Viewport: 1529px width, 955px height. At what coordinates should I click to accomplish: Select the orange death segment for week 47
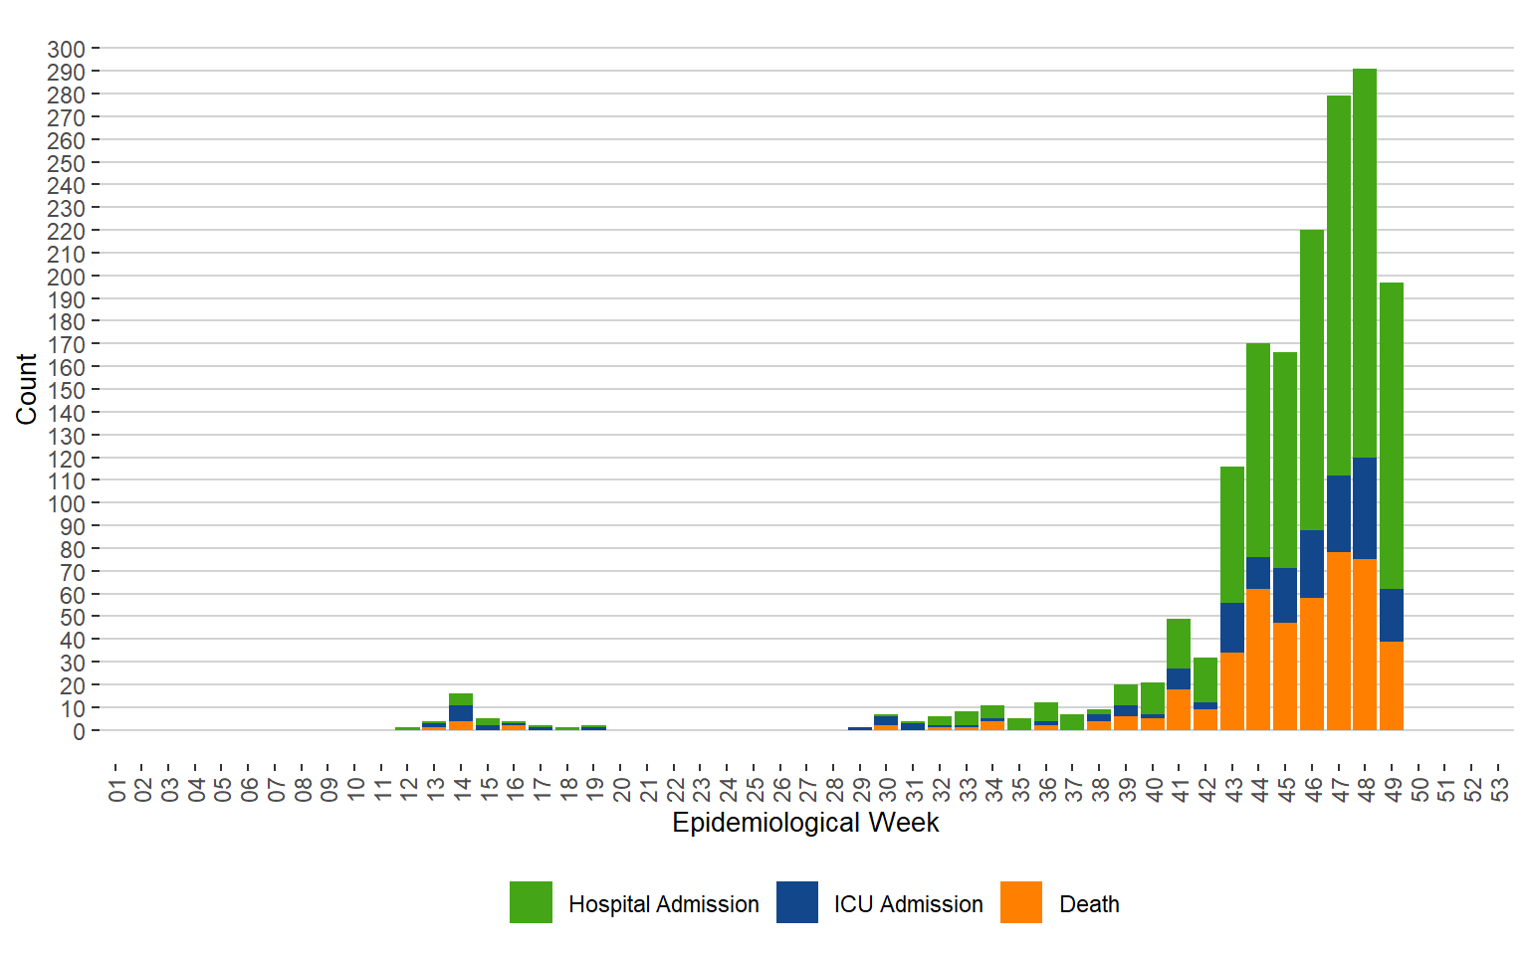click(x=1339, y=642)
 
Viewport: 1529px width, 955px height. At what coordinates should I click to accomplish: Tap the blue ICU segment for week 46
click(x=1312, y=564)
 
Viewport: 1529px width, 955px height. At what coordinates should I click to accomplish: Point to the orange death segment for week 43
click(x=1232, y=691)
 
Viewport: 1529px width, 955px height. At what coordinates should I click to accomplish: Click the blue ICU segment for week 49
click(x=1392, y=615)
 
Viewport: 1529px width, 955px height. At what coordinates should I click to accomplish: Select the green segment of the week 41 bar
click(x=1179, y=644)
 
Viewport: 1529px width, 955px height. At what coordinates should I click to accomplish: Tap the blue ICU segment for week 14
click(x=461, y=713)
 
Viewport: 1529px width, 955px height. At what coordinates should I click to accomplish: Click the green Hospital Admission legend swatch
click(x=531, y=902)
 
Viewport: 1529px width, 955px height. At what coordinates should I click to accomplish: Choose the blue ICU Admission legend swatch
click(x=797, y=902)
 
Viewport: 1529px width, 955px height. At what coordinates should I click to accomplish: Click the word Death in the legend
click(x=1089, y=904)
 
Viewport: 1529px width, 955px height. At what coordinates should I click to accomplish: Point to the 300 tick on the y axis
click(x=66, y=49)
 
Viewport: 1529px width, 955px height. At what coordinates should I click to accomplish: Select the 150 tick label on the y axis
click(x=66, y=390)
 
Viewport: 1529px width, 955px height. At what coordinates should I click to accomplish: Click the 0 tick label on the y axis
click(x=79, y=731)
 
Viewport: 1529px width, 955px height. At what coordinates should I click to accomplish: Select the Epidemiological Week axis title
click(x=805, y=823)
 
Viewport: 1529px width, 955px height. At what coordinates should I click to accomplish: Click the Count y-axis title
click(x=26, y=389)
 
